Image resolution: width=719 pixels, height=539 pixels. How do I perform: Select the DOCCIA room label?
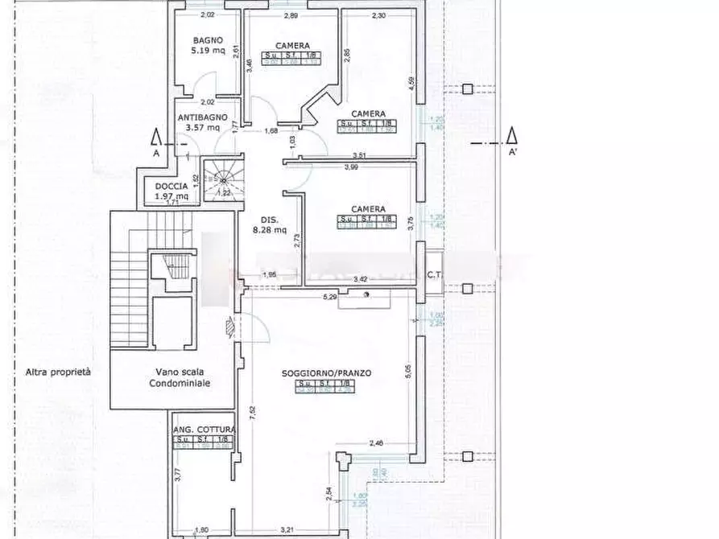click(171, 187)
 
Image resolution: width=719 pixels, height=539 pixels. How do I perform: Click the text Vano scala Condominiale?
click(179, 377)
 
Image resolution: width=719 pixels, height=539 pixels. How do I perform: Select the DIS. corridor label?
click(269, 220)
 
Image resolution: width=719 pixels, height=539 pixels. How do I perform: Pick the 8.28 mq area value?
click(269, 229)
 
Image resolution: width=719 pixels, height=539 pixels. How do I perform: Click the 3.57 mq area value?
click(202, 127)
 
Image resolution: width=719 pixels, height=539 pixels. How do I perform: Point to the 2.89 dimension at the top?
click(291, 15)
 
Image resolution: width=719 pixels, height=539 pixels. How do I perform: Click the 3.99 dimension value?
click(351, 167)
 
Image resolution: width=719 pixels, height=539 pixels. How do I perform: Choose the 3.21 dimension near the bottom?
click(286, 530)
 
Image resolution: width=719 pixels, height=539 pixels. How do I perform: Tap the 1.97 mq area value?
click(171, 195)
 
